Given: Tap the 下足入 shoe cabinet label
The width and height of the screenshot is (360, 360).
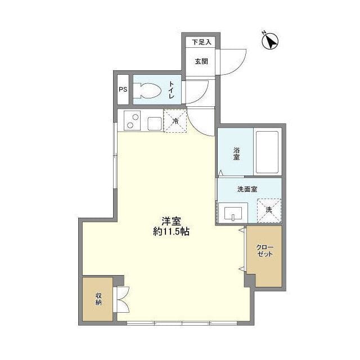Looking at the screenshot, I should pyautogui.click(x=201, y=42).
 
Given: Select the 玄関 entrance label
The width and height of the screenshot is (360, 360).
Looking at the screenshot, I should pyautogui.click(x=201, y=61).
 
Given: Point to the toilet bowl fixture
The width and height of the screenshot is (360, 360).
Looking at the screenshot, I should pyautogui.click(x=148, y=91).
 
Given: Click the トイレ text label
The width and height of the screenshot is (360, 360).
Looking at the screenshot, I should pyautogui.click(x=172, y=90).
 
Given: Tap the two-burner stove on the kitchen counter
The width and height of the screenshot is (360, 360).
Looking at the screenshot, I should pyautogui.click(x=133, y=121).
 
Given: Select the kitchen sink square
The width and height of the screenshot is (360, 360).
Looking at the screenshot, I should pyautogui.click(x=154, y=123).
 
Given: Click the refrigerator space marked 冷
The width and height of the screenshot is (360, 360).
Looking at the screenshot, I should pyautogui.click(x=175, y=121).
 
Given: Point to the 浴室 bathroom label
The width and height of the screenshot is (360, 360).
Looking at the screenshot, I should pyautogui.click(x=237, y=154).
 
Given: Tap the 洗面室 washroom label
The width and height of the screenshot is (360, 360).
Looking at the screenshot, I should pyautogui.click(x=247, y=189).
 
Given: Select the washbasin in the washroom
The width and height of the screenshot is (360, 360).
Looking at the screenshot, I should pyautogui.click(x=233, y=213).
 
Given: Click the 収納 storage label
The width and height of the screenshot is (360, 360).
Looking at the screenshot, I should pyautogui.click(x=98, y=299).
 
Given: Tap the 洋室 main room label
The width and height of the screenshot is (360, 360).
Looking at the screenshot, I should pyautogui.click(x=170, y=221).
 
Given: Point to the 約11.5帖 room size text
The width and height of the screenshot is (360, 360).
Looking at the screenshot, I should pyautogui.click(x=171, y=232).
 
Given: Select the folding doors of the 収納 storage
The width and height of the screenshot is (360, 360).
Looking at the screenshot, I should pyautogui.click(x=122, y=299).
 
